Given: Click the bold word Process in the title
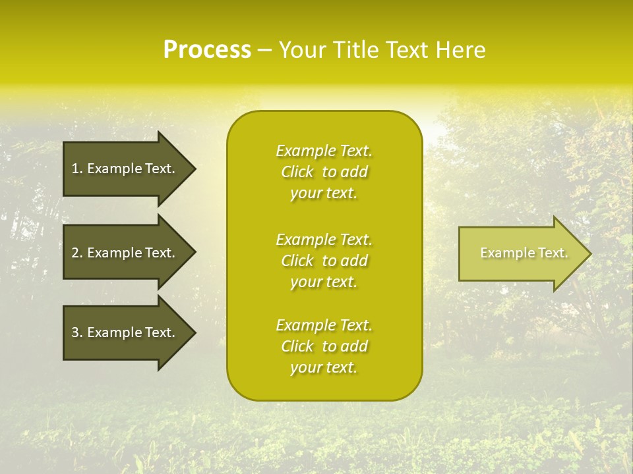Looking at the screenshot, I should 207,50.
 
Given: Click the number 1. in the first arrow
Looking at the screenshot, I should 76,169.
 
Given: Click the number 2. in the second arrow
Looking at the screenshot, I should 76,253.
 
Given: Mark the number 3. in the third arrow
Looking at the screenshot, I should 76,332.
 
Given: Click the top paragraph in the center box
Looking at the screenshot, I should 324,172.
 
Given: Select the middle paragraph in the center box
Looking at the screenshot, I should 324,261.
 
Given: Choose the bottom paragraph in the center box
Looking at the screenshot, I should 324,346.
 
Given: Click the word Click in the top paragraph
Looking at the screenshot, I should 297,172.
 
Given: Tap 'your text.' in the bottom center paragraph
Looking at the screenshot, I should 324,367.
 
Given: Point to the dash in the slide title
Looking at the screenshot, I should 264,50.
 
